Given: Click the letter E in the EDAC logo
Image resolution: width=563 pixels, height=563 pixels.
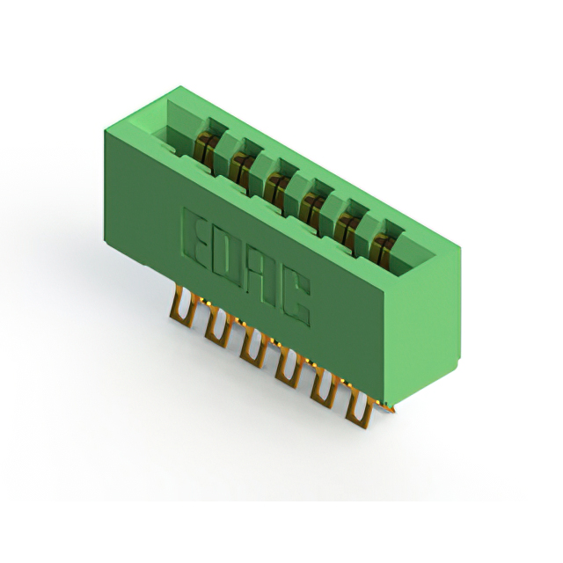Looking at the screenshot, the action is (195, 237).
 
